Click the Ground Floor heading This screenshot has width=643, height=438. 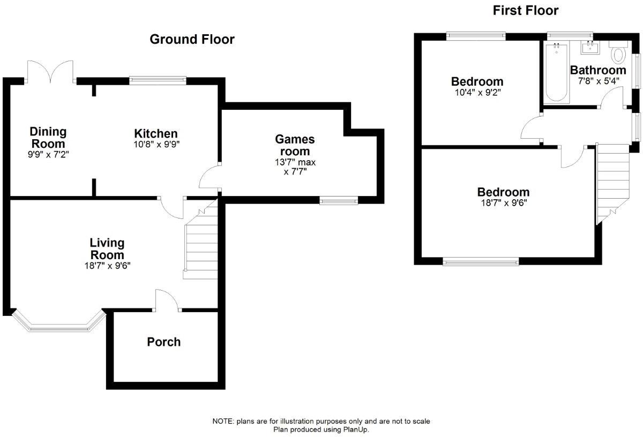tap(192, 39)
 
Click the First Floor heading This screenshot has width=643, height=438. tap(526, 11)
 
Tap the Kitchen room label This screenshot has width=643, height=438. tap(156, 134)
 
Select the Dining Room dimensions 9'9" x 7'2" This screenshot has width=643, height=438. tap(48, 155)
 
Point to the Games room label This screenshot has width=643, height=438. tap(295, 145)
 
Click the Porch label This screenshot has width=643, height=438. tap(163, 342)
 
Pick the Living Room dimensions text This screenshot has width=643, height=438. tap(107, 266)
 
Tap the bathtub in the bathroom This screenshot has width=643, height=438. tap(557, 73)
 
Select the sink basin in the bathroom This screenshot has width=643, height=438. tap(590, 47)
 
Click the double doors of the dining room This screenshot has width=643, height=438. tap(50, 72)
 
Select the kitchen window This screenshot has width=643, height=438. tap(158, 81)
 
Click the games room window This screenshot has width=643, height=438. tap(339, 200)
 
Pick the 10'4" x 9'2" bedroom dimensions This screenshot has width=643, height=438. tap(477, 93)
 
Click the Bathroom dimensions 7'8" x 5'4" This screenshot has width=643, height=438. tap(598, 81)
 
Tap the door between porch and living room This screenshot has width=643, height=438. tap(167, 300)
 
